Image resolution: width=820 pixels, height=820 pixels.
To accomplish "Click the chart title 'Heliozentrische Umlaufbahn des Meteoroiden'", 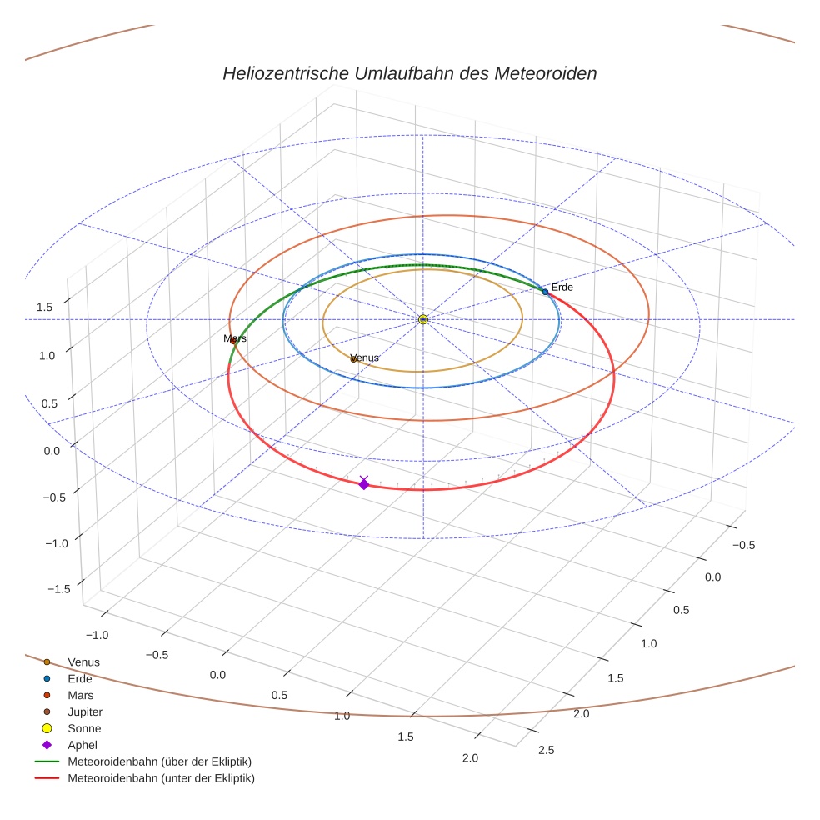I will [x=409, y=73].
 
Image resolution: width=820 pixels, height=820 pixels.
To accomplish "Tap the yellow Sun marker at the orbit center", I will [x=423, y=319].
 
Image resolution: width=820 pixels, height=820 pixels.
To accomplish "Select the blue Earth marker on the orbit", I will [x=545, y=292].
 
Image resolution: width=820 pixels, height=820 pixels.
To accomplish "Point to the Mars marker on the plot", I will [x=233, y=341].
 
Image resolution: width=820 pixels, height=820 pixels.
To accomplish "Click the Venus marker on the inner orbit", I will [x=353, y=359].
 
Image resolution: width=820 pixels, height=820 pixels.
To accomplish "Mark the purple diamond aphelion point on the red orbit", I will [x=363, y=485].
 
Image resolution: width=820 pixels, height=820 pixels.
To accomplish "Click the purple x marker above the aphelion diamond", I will [x=363, y=479].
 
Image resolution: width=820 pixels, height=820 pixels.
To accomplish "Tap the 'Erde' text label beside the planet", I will [x=562, y=287].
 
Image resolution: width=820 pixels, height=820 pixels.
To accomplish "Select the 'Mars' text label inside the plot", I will [x=236, y=338].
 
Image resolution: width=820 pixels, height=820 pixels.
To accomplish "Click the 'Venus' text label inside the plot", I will [x=366, y=357].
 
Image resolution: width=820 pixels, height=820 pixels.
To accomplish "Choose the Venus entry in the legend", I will [x=83, y=662].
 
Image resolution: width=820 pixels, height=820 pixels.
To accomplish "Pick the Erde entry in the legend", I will [x=80, y=679].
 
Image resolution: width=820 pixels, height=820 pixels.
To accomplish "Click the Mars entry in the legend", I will [x=81, y=696].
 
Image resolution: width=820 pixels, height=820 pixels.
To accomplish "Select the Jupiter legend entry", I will [x=85, y=712].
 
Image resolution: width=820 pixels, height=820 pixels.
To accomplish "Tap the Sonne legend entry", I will [x=84, y=729].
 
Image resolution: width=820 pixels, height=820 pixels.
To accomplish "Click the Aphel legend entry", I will [x=82, y=746].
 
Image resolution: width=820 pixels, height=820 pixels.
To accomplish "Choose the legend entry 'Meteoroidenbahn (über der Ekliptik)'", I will [x=159, y=762].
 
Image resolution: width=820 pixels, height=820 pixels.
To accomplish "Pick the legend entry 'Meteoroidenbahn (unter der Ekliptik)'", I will [x=161, y=778].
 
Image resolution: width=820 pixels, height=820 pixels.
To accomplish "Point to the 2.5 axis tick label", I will [x=547, y=749].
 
